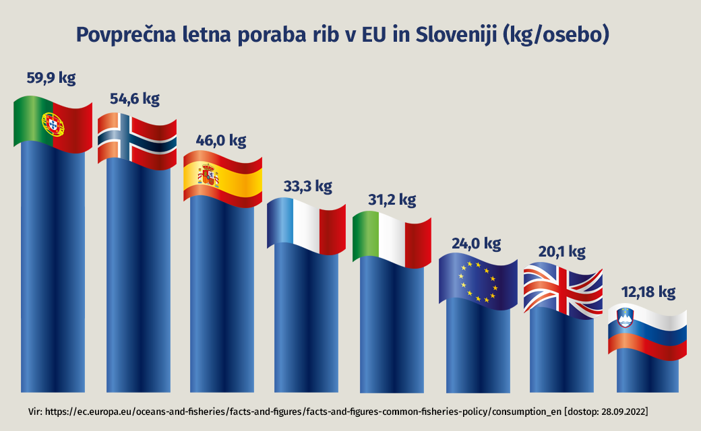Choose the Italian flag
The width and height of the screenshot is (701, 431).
pyautogui.click(x=391, y=238)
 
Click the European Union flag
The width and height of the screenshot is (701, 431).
pyautogui.click(x=477, y=281)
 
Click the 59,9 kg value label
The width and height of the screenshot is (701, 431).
pyautogui.click(x=51, y=78)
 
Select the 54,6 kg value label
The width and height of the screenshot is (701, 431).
pyautogui.click(x=135, y=100)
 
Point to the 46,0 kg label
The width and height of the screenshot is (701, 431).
pyautogui.click(x=221, y=141)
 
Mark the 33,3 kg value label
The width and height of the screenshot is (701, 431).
pyautogui.click(x=307, y=187)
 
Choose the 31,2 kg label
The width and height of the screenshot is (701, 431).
pyautogui.click(x=392, y=200)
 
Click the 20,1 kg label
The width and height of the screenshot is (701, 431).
pyautogui.click(x=562, y=252)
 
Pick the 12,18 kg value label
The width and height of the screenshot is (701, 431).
pyautogui.click(x=648, y=292)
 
